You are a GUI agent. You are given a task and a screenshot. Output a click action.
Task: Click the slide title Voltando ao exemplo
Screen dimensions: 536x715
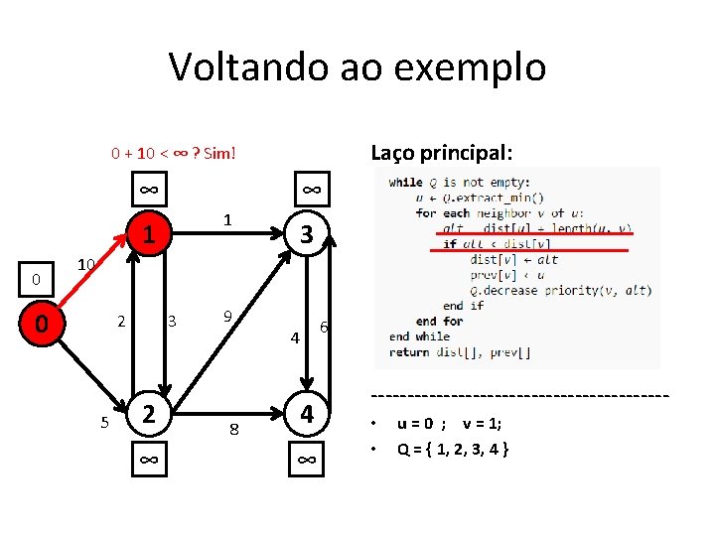[x=357, y=67]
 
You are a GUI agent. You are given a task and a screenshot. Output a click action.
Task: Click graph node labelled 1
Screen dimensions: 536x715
[x=147, y=235]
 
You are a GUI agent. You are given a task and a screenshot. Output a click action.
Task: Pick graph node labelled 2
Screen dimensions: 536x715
[x=147, y=413]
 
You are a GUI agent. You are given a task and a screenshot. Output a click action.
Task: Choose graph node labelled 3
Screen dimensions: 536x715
[x=308, y=235]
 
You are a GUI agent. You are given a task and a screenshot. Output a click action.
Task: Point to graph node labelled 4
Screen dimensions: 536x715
[x=308, y=413]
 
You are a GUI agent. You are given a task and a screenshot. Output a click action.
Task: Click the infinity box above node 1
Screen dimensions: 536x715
[x=147, y=189]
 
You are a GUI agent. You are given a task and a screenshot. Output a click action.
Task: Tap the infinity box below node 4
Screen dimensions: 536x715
[x=308, y=460]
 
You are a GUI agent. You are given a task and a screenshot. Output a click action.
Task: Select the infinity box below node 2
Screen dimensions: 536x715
[x=147, y=460]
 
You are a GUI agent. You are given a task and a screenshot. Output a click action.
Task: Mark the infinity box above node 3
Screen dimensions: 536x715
[x=310, y=189]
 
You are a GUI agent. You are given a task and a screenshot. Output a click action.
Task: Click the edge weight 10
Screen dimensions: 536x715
[x=86, y=265]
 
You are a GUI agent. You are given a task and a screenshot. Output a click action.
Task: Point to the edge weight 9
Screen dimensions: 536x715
[x=227, y=317]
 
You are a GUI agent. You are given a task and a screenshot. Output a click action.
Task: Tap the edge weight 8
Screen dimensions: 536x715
[x=233, y=430]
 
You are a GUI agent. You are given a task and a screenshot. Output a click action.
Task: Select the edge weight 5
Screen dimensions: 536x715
[x=104, y=423]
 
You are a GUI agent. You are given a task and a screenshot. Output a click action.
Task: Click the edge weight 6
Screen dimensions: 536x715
[x=324, y=328]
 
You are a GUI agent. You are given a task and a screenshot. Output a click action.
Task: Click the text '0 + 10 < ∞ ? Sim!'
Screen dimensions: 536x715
[x=173, y=153]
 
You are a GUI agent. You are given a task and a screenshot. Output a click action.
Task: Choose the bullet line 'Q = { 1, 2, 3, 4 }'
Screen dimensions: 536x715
[x=453, y=449]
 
